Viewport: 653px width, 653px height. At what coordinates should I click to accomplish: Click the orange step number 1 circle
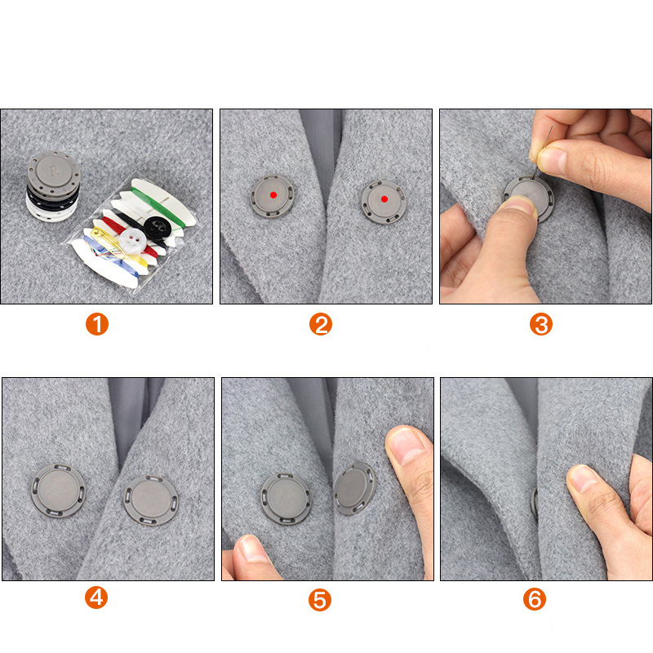97,324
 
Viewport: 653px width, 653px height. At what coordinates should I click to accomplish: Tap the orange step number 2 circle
321,324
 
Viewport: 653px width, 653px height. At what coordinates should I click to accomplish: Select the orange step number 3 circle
541,324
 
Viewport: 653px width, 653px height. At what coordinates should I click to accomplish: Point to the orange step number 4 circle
96,597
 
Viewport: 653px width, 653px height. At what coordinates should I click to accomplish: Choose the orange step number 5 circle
320,600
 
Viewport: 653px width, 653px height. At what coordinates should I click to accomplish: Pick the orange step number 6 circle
535,599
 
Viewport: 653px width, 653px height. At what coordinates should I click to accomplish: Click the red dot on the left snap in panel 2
273,195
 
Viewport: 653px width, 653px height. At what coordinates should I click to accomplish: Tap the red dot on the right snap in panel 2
384,199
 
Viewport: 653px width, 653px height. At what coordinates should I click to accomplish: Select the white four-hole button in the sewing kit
132,240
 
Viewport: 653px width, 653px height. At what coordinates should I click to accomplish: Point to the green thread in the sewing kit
158,206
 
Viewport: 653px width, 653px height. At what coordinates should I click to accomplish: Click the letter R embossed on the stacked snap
54,170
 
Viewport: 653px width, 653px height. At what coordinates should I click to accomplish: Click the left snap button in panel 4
58,491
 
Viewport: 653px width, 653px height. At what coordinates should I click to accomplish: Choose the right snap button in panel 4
151,500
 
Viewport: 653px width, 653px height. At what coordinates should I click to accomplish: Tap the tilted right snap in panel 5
354,488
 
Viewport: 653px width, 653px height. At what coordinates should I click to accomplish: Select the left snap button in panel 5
287,499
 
